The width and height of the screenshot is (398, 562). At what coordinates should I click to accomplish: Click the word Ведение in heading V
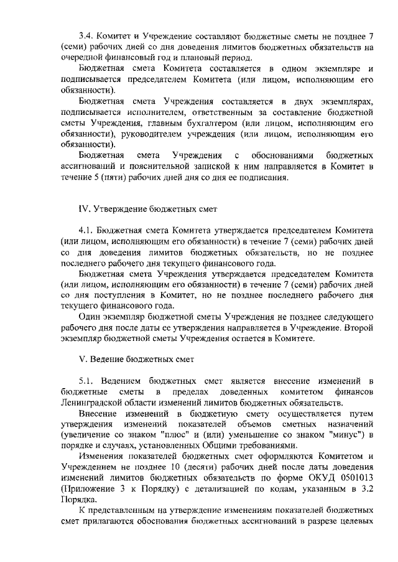point(109,358)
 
